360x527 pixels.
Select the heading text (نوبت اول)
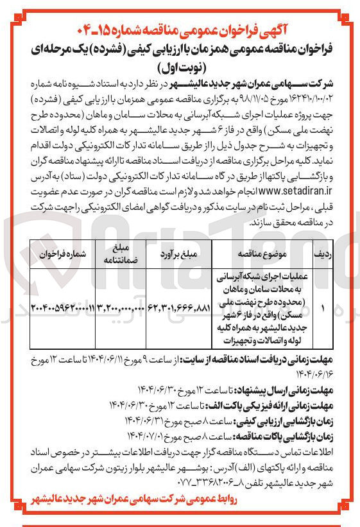point(179,65)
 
